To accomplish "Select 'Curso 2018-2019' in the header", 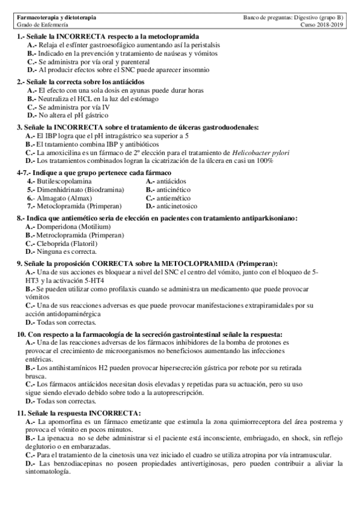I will pos(321,26).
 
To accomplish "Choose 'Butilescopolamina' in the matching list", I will pos(64,180).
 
